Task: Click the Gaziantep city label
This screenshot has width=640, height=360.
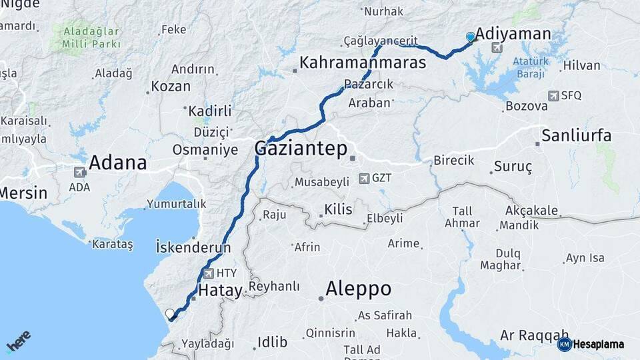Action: coord(301,149)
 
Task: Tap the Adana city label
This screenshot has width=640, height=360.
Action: coord(117,163)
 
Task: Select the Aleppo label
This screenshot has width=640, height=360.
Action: coord(358,289)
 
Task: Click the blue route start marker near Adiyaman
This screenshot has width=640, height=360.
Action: coord(471,37)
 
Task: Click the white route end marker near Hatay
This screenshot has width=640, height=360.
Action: coord(170,313)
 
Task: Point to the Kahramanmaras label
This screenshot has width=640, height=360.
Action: coord(363,63)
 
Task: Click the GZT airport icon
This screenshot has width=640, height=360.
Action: coord(363,179)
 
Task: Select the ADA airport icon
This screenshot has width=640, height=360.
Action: coord(80,172)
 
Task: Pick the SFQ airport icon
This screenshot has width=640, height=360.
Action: coord(553,96)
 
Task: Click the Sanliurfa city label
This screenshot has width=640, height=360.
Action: coord(576,135)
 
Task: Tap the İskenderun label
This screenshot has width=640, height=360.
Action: coord(193,247)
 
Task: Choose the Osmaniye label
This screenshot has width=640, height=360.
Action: coord(205,149)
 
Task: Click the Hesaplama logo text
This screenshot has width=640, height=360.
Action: coord(597,345)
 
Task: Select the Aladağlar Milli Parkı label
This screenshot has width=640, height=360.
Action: coord(93,37)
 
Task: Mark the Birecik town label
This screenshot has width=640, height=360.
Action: coord(453,161)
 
